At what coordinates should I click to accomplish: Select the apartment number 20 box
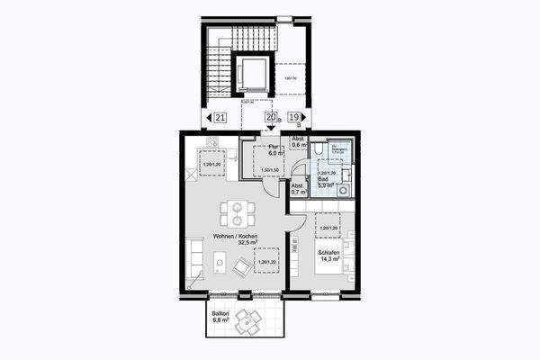click(x=269, y=117)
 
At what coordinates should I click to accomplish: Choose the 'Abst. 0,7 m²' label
click(x=297, y=189)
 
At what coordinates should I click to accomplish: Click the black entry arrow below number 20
click(x=270, y=129)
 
